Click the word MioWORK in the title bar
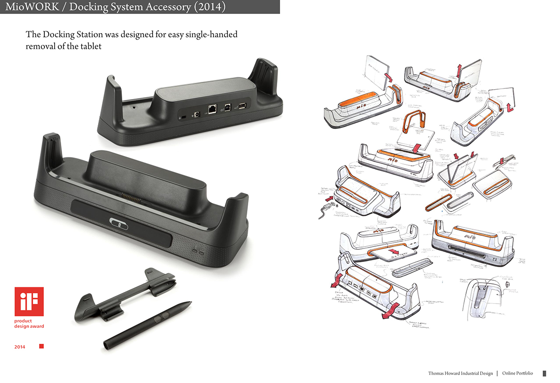point(28,7)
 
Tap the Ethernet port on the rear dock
point(212,108)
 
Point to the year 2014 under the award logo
point(20,347)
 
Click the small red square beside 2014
point(41,347)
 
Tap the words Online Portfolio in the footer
point(518,374)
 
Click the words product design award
point(29,324)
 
